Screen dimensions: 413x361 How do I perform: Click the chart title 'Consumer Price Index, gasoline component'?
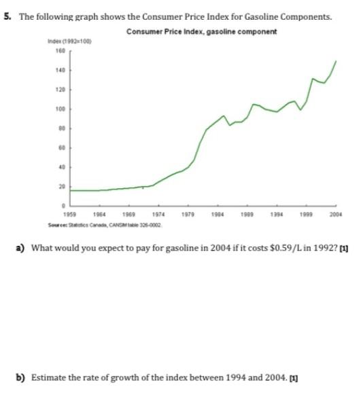tap(201, 33)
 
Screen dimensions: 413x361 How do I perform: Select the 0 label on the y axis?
tap(62, 205)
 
